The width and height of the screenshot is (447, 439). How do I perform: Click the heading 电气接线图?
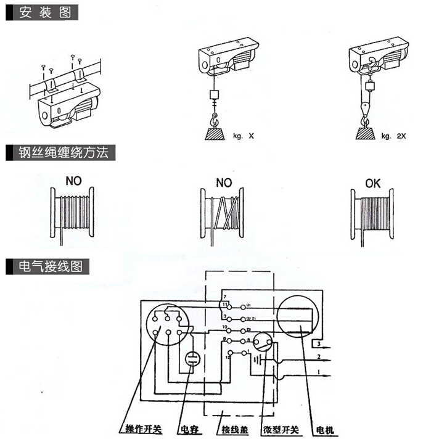click(x=49, y=266)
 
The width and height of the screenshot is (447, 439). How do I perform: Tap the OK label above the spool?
click(x=374, y=183)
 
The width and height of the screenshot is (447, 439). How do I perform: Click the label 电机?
click(x=323, y=428)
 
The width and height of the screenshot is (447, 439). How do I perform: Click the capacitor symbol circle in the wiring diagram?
click(x=191, y=359)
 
